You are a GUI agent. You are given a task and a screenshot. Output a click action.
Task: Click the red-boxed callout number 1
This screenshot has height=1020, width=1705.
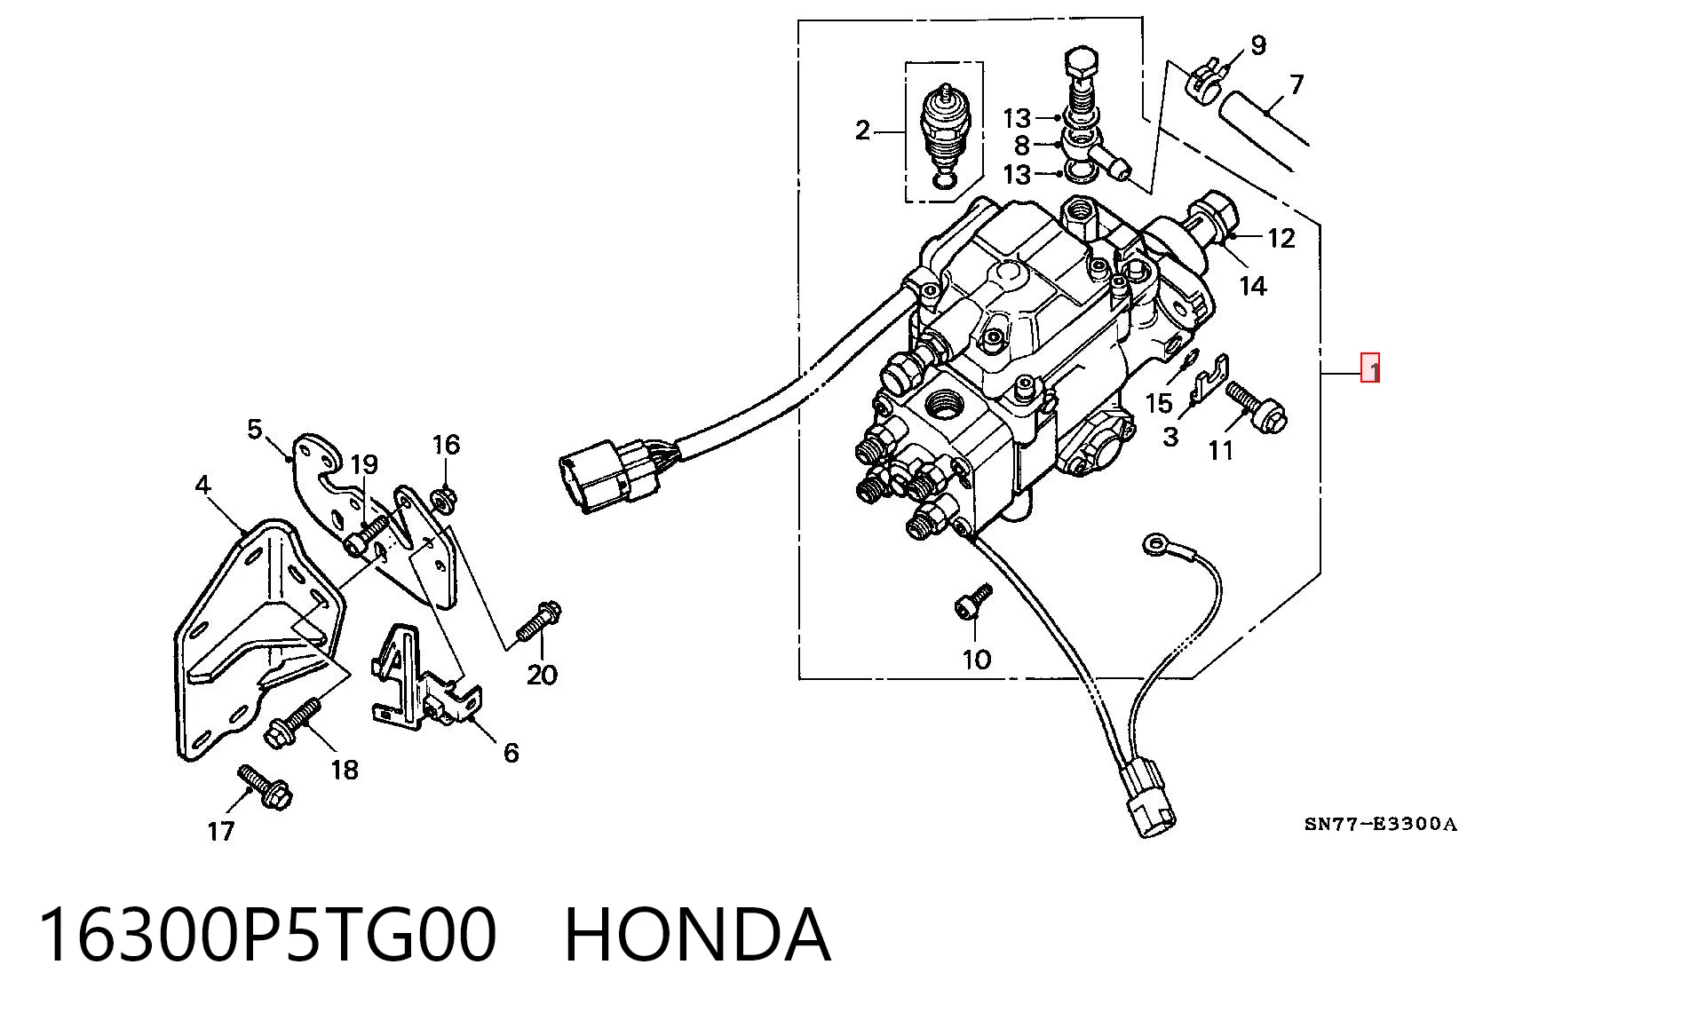coord(1371,368)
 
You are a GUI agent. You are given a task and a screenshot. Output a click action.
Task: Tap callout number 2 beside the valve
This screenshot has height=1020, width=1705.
coord(862,131)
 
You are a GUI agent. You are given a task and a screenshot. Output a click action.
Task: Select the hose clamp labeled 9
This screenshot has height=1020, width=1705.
coord(1205,76)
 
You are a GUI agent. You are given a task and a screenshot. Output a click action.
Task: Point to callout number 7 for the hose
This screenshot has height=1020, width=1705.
coord(1297,84)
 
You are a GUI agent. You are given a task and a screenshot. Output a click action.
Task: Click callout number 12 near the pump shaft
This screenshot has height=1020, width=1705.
coord(1281,238)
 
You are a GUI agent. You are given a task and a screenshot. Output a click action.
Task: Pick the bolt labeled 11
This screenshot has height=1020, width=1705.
coord(1256,407)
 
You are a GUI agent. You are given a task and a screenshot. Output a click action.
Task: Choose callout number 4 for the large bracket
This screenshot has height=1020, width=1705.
coord(203,486)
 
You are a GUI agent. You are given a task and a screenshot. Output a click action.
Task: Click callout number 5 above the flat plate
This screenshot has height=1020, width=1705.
coord(255,430)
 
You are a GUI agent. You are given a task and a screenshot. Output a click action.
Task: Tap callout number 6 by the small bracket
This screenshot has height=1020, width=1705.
coord(511,753)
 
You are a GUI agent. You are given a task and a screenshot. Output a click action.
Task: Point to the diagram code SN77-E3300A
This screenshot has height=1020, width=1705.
coord(1381,825)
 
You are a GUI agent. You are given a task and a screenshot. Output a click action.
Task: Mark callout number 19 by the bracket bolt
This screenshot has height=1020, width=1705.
coord(364,464)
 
